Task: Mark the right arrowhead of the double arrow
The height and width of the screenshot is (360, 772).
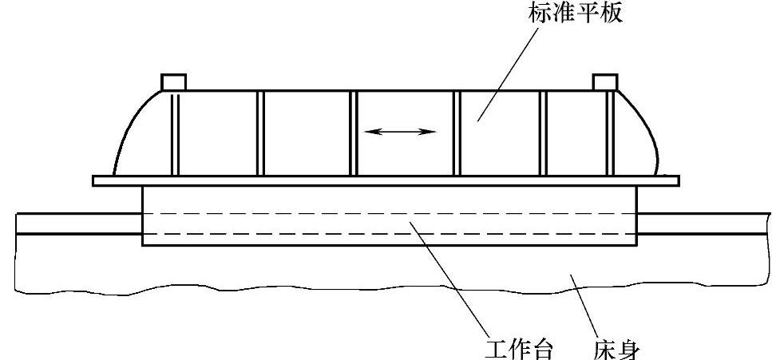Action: pos(432,132)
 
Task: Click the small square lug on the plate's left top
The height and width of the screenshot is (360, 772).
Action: pos(173,81)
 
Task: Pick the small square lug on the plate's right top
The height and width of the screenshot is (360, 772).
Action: pos(605,81)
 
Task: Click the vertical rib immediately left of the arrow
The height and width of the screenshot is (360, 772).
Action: pos(354,132)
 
